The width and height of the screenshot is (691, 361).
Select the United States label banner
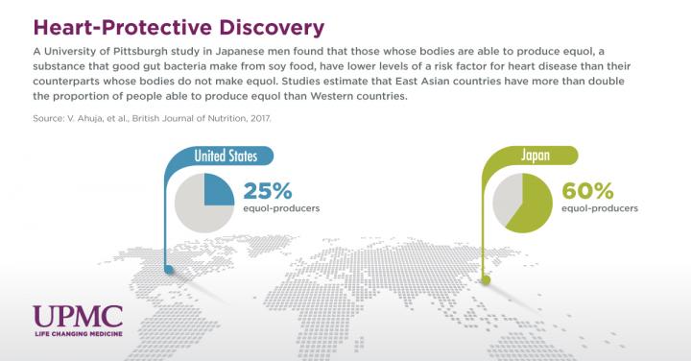[231, 156]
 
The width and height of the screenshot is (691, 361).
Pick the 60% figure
[587, 189]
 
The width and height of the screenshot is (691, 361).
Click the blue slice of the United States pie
[218, 190]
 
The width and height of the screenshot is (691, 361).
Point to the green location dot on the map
[486, 282]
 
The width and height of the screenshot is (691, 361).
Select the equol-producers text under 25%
[282, 207]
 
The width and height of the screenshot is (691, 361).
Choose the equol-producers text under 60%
[599, 207]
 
